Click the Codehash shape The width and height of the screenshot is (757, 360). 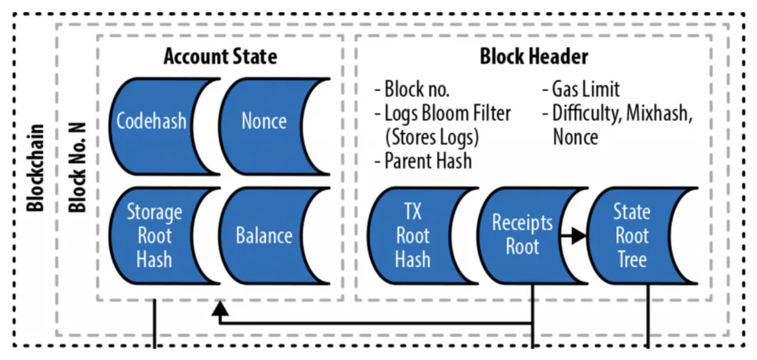(152, 127)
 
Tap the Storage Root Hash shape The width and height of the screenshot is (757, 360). (152, 236)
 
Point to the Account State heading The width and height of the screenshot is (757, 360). (221, 56)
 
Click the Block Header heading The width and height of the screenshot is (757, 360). (534, 56)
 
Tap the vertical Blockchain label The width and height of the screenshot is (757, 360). (35, 168)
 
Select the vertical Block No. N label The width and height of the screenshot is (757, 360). (77, 167)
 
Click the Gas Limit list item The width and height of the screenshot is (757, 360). (581, 89)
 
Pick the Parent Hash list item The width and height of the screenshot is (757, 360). (423, 161)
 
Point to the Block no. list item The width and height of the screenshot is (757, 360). (412, 89)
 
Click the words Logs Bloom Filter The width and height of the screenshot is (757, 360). (448, 113)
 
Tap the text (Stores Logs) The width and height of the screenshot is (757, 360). (432, 138)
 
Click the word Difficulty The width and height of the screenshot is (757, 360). (587, 113)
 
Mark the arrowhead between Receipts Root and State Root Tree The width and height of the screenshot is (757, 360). (579, 235)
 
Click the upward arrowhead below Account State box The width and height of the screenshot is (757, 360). (220, 308)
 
